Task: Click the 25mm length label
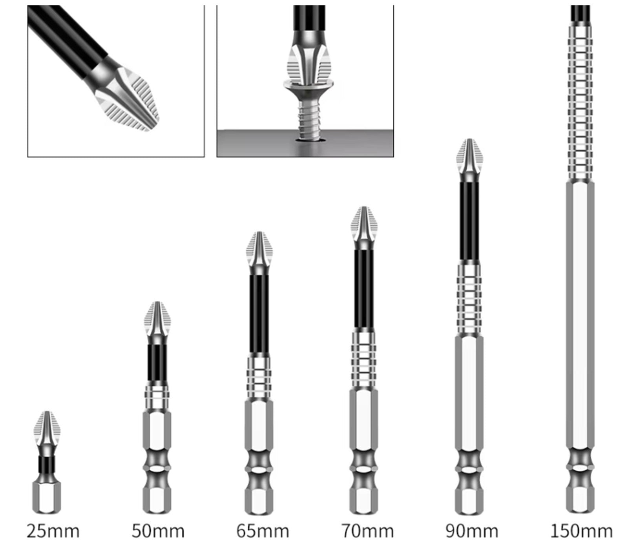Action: click(53, 532)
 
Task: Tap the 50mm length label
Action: click(158, 532)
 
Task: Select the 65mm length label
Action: click(263, 532)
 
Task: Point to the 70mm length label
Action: click(367, 532)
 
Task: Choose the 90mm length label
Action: click(472, 532)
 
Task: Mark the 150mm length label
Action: click(581, 532)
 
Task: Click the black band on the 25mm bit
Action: click(47, 465)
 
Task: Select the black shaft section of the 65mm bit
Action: click(259, 316)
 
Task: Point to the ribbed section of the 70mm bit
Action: click(364, 358)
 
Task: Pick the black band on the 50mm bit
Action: click(158, 363)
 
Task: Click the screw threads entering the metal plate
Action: click(310, 118)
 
